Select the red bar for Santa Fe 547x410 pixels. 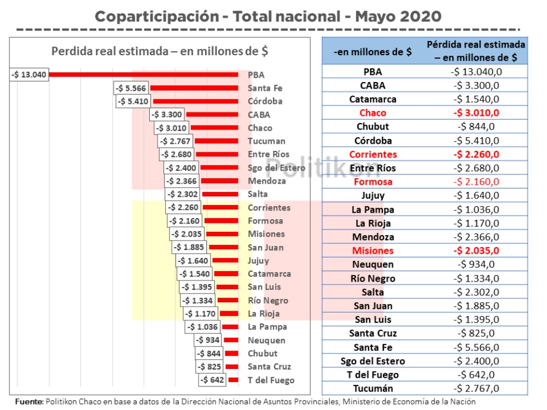tap(194, 88)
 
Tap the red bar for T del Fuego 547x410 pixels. tap(234, 380)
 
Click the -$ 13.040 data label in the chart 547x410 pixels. tap(30, 74)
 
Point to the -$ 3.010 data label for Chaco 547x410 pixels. tap(172, 128)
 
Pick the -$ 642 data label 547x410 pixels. tap(212, 380)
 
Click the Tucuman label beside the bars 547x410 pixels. tap(266, 141)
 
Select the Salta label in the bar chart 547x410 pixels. tap(258, 194)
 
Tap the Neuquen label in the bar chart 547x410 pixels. tap(266, 340)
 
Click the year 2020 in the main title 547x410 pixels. tap(420, 16)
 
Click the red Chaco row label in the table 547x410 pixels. tap(373, 113)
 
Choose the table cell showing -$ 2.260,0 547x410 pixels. tap(476, 154)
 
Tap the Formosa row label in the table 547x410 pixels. tap(373, 181)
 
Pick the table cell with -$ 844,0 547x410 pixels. tap(476, 126)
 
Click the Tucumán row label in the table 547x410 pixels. tap(373, 388)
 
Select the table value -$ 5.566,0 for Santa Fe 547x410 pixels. tap(476, 347)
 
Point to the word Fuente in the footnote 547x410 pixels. tap(28, 402)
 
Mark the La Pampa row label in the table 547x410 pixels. tap(373, 209)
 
